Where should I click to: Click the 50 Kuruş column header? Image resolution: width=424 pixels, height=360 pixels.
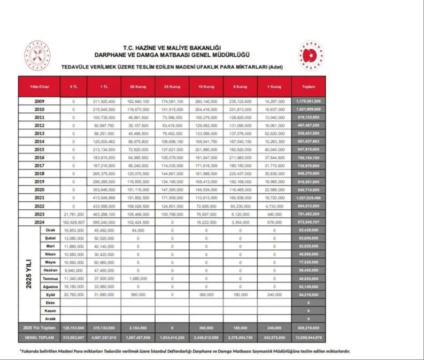pyautogui.click(x=137, y=87)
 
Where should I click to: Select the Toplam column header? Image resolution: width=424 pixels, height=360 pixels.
pyautogui.click(x=307, y=87)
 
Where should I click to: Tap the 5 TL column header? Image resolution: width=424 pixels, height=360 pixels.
pyautogui.click(x=73, y=87)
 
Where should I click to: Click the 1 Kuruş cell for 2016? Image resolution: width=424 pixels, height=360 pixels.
pyautogui.click(x=274, y=158)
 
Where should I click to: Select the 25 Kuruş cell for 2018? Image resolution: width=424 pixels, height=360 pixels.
pyautogui.click(x=172, y=174)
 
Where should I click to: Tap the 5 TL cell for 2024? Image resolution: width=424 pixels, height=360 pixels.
pyautogui.click(x=73, y=221)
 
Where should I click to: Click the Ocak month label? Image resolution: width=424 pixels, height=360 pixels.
pyautogui.click(x=51, y=229)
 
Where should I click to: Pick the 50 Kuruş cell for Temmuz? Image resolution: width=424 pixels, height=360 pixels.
pyautogui.click(x=137, y=279)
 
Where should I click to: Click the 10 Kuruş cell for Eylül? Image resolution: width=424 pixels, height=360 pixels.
pyautogui.click(x=205, y=295)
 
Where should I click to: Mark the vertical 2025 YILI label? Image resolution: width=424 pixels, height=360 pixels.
pyautogui.click(x=29, y=273)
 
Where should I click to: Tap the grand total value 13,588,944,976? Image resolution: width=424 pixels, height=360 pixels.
pyautogui.click(x=307, y=338)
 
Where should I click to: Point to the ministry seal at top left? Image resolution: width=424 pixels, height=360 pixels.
pyautogui.click(x=37, y=56)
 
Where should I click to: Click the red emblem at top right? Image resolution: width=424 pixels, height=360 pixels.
pyautogui.click(x=311, y=55)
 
